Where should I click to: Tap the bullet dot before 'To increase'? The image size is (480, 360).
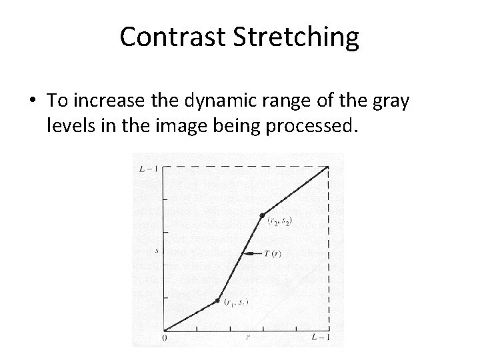coord(32,101)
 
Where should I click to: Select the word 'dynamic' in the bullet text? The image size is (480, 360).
coord(223,101)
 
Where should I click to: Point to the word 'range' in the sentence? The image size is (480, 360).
coord(293,102)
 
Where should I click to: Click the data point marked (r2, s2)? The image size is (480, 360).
coord(262,215)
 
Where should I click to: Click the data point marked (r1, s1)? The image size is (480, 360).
coord(217,301)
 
